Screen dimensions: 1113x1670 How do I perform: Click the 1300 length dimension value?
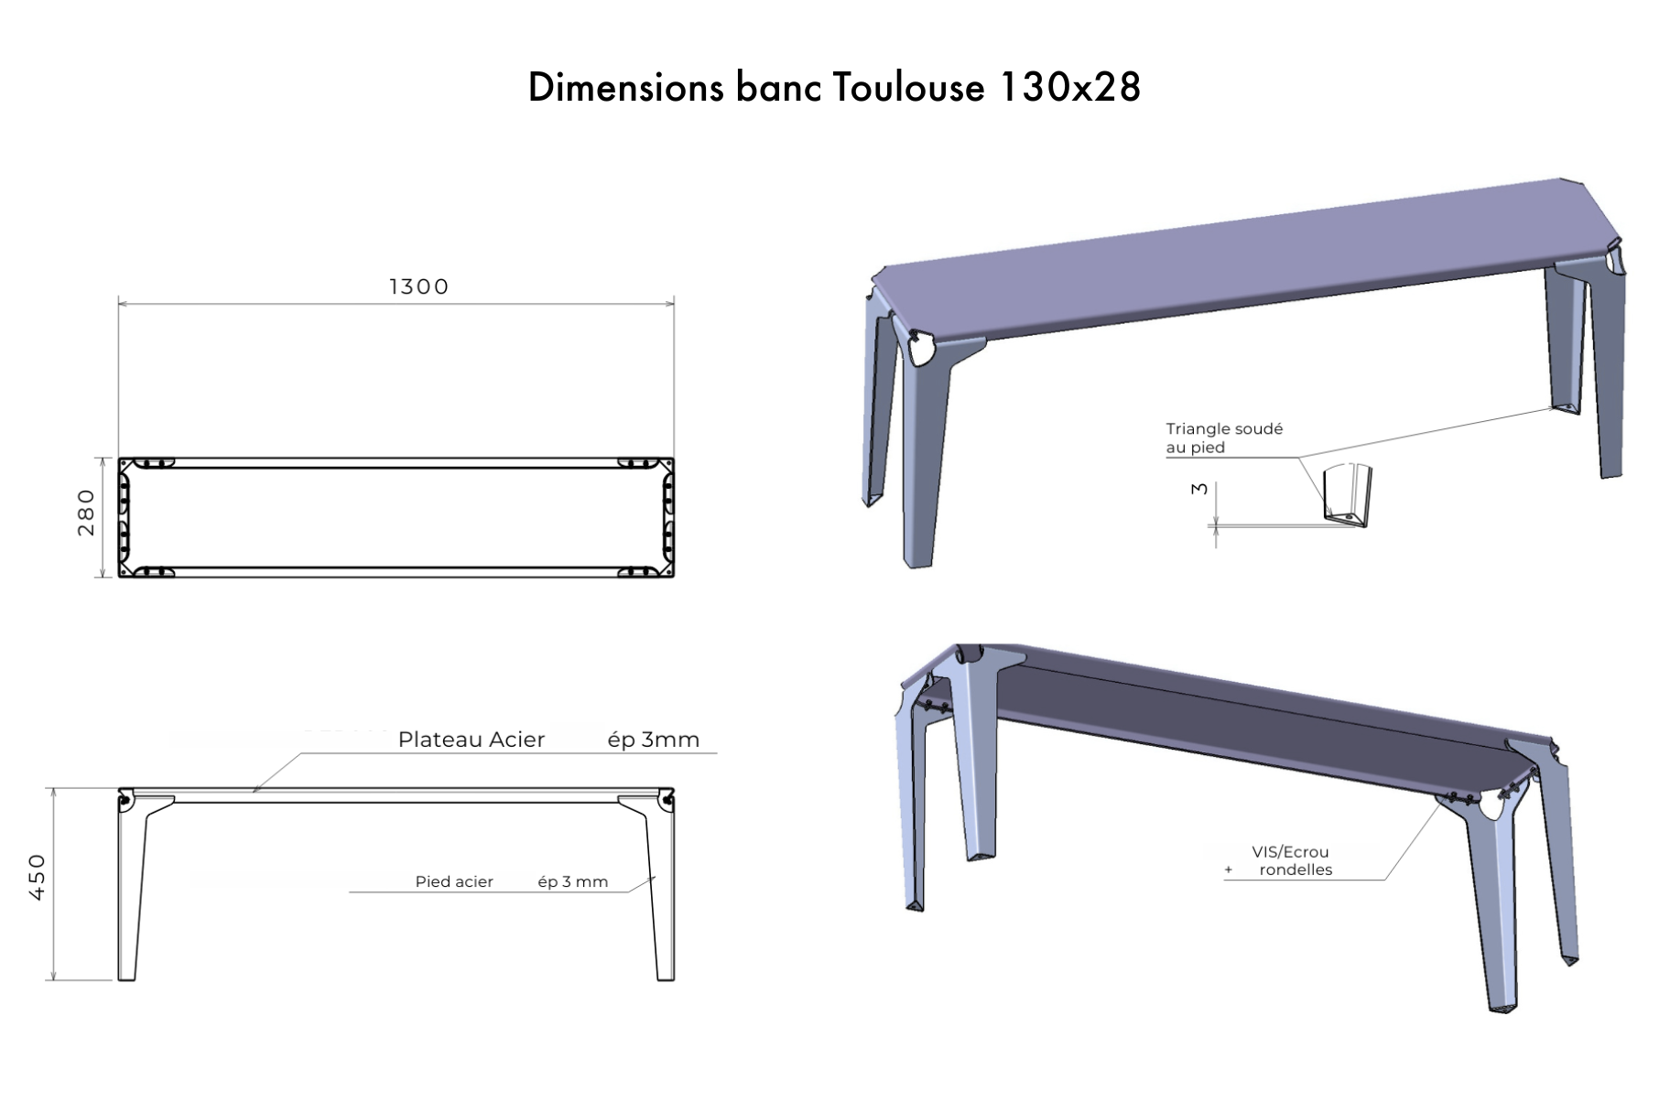tap(418, 286)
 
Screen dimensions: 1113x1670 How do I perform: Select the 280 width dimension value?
tap(86, 513)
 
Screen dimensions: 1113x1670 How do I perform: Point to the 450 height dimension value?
tap(38, 877)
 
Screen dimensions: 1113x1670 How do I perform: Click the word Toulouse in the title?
tap(908, 88)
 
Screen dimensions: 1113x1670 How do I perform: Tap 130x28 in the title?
tap(1068, 88)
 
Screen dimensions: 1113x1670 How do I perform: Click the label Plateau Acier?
tap(471, 740)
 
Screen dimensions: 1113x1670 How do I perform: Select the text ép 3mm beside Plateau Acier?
tap(653, 740)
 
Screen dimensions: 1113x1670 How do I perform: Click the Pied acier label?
tap(454, 881)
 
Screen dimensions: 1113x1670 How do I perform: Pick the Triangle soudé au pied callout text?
tap(1223, 438)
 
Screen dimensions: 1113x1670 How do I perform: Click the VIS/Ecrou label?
tap(1290, 851)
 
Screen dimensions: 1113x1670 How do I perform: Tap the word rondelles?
tap(1296, 870)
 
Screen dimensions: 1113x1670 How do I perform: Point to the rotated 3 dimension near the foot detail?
tap(1198, 489)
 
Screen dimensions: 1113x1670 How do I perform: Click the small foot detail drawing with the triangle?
tap(1347, 497)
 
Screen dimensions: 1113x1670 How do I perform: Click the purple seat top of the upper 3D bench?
tap(1236, 256)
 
